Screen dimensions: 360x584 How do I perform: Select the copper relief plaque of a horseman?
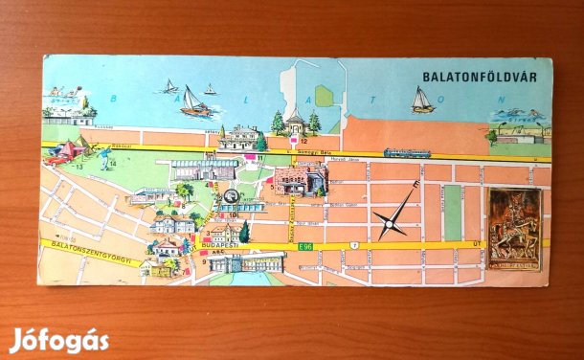pyautogui.click(x=514, y=229)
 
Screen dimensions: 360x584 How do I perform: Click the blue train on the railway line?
pyautogui.click(x=407, y=152)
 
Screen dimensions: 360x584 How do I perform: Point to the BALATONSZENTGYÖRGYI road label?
pyautogui.click(x=92, y=252)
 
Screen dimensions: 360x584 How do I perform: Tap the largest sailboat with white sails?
pyautogui.click(x=194, y=101)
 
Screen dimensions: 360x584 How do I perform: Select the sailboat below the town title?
pyautogui.click(x=421, y=100)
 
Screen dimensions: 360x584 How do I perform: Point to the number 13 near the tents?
pyautogui.click(x=80, y=167)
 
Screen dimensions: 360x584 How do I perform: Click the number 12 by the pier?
pyautogui.click(x=303, y=142)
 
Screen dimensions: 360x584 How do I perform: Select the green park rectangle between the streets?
pyautogui.click(x=452, y=213)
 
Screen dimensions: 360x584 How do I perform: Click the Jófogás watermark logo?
pyautogui.click(x=58, y=340)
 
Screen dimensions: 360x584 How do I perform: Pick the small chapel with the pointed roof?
pyautogui.click(x=295, y=121)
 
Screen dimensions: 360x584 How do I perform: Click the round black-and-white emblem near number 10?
pyautogui.click(x=231, y=197)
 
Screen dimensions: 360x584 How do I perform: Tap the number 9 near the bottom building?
pyautogui.click(x=204, y=261)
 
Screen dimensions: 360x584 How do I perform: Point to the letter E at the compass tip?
pyautogui.click(x=416, y=185)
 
